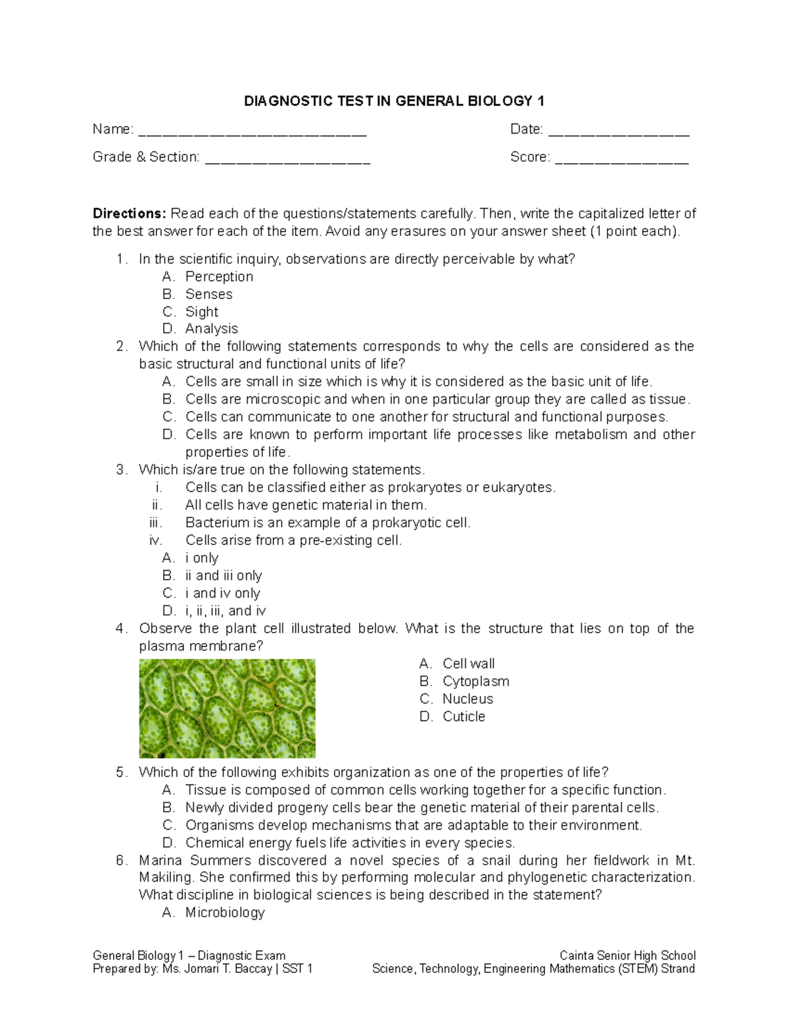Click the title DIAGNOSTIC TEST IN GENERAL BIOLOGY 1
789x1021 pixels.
[x=394, y=101]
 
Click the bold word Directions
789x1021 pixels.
[x=130, y=214]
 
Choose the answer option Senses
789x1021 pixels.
[x=208, y=295]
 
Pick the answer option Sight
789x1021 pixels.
[x=201, y=312]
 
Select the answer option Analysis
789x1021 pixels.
[x=211, y=329]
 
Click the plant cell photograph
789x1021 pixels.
[x=227, y=709]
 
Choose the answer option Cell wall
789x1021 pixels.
[x=468, y=664]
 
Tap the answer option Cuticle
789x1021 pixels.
[x=464, y=717]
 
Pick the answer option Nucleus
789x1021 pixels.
[x=467, y=699]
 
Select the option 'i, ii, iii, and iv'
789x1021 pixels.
[x=226, y=611]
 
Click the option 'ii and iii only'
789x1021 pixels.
[x=224, y=576]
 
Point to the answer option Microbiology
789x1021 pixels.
[x=225, y=913]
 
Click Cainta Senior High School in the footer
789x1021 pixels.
[x=627, y=956]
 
